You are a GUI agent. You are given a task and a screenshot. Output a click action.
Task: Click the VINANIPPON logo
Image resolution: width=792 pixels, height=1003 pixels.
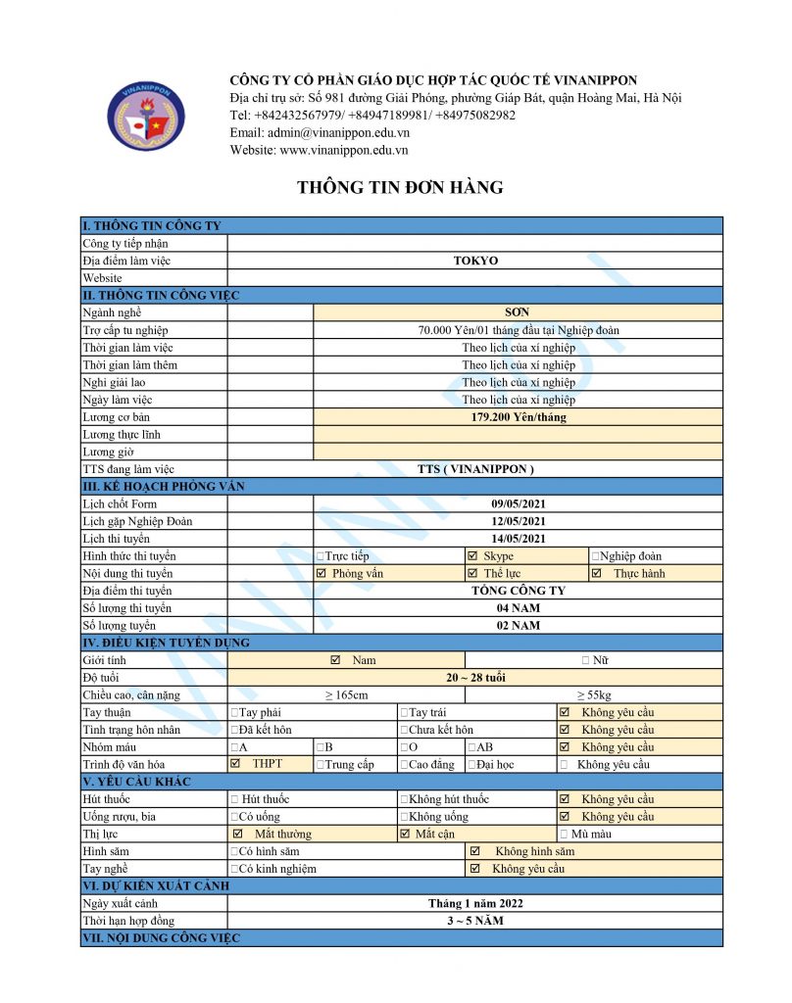[145, 118]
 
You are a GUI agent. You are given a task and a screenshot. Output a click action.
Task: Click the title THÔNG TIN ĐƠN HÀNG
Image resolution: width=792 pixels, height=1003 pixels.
[400, 188]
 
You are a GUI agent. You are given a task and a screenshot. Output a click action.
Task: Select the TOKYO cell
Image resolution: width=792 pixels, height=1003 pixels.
[475, 261]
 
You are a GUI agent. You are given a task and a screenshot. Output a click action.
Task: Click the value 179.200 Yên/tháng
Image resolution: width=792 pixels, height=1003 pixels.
[518, 417]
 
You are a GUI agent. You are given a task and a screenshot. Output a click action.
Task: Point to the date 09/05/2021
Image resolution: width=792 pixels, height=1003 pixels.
[518, 503]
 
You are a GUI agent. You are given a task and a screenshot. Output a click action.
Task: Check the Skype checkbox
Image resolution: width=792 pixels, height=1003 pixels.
[472, 556]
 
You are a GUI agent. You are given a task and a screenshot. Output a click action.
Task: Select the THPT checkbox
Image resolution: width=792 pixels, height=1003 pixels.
[235, 763]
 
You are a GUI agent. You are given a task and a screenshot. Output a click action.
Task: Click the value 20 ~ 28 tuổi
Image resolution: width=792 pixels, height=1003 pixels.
[475, 678]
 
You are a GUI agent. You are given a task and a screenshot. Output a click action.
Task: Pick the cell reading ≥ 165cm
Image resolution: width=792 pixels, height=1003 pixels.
[346, 695]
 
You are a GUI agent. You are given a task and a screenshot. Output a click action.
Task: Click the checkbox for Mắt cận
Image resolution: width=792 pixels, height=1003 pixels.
[406, 834]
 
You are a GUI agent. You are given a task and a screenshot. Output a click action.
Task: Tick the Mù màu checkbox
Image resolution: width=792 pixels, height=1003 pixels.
[564, 835]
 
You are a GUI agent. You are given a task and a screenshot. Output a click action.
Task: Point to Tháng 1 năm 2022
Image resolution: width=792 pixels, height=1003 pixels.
[475, 903]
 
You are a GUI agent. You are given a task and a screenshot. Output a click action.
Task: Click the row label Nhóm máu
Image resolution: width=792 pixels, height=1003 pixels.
[107, 746]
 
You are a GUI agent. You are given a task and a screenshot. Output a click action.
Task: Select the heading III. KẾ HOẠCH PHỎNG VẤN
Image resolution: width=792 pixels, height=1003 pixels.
[164, 487]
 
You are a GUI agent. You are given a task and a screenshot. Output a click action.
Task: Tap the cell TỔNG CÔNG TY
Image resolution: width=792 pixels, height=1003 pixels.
[518, 591]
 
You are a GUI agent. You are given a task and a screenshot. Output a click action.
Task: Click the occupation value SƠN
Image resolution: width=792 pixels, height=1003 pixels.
[518, 312]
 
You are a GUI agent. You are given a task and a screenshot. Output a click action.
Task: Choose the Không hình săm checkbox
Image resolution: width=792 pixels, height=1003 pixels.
[475, 851]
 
